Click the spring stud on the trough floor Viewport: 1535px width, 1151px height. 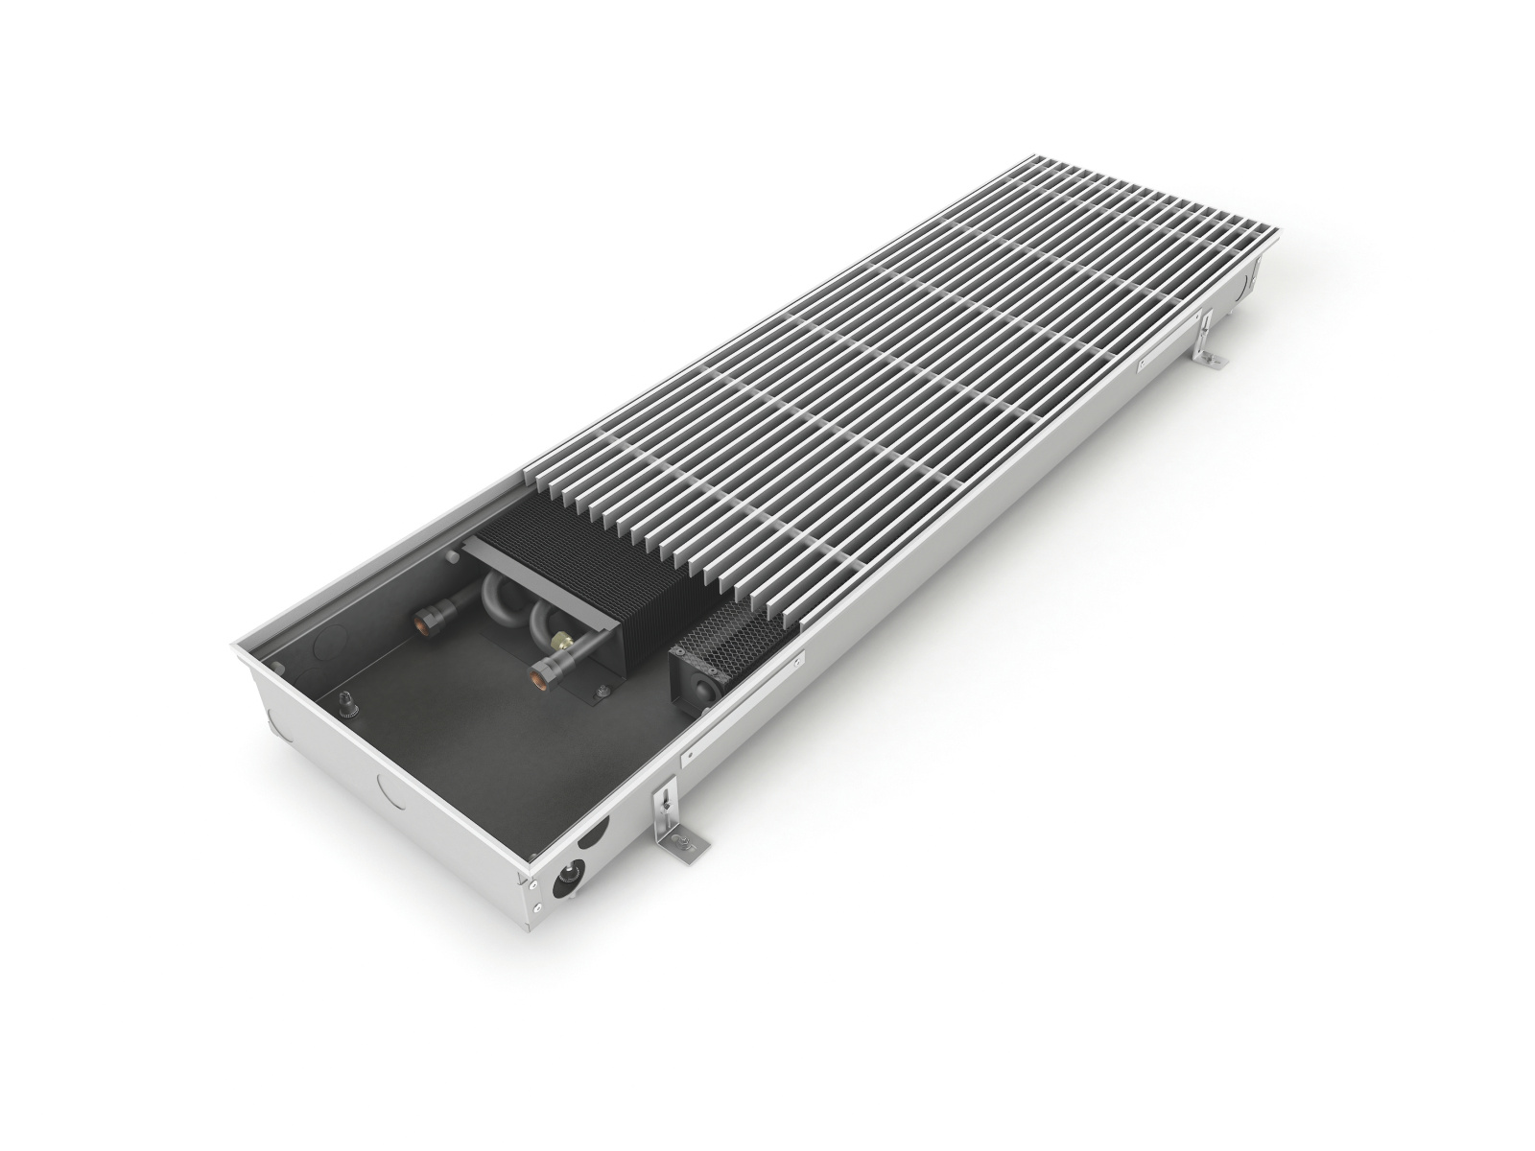point(347,706)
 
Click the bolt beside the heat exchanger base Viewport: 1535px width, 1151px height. point(602,691)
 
